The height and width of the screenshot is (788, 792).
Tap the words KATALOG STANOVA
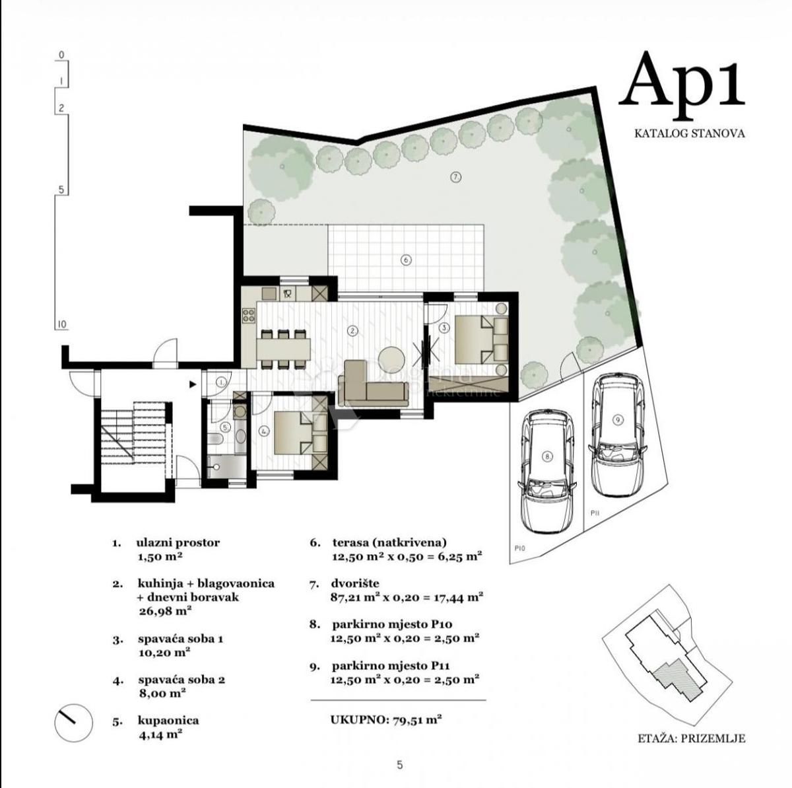(x=689, y=133)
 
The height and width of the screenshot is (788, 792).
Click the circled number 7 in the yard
(x=455, y=178)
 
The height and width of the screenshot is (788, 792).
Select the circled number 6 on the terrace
(x=405, y=260)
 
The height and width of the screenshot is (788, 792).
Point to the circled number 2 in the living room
(x=352, y=330)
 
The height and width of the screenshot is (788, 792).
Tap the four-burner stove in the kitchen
(x=249, y=315)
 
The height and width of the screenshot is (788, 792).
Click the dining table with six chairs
(x=284, y=349)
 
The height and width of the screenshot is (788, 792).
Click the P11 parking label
(x=595, y=513)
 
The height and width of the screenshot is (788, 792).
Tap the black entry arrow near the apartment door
(x=192, y=384)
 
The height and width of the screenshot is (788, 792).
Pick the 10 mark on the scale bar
(x=61, y=325)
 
